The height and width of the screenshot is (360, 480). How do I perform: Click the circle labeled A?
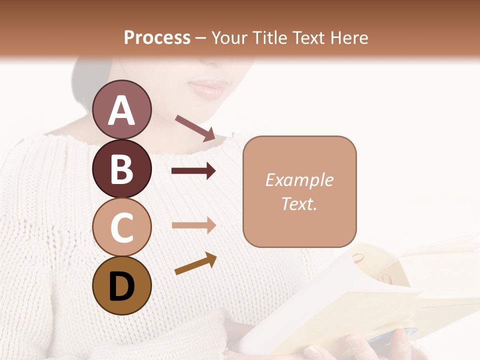(121, 109)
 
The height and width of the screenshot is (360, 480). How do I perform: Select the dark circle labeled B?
(121, 168)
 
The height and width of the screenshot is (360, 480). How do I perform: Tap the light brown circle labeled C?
(121, 227)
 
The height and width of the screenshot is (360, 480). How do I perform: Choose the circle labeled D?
(121, 285)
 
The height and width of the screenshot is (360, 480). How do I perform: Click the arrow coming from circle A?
(195, 128)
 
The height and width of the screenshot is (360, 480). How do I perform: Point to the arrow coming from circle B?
(193, 171)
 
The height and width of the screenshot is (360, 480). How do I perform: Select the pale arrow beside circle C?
(193, 225)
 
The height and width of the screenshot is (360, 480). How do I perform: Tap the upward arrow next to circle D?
(195, 263)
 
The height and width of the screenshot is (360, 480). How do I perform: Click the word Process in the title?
(157, 37)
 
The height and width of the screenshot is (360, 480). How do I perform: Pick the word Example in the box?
(299, 180)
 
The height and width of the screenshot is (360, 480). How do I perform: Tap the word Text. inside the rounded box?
(299, 203)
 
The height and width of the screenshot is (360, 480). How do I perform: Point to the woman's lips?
(207, 88)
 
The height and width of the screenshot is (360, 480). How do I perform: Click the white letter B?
(121, 169)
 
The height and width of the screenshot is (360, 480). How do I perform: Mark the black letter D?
(121, 286)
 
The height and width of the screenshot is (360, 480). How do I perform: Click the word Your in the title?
(229, 37)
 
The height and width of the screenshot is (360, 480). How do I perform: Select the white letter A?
(121, 110)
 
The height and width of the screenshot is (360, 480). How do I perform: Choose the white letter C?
(121, 227)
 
